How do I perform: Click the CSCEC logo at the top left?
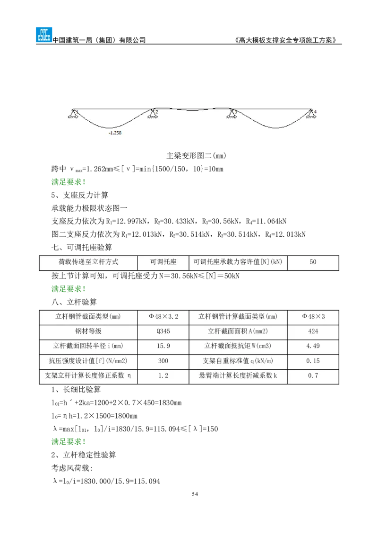43,35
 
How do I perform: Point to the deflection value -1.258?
115,133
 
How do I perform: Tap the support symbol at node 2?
153,114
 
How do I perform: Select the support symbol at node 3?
232,114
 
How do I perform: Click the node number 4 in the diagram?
315,112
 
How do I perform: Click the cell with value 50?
313,262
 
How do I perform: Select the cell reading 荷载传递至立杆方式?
88,262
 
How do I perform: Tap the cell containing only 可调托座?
163,262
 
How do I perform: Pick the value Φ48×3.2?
163,317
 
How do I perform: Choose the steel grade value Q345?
163,331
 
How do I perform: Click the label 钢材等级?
88,331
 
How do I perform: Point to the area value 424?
313,331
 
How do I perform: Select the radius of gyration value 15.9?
163,346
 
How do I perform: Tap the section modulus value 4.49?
313,346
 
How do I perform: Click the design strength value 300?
163,361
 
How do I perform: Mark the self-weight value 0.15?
313,361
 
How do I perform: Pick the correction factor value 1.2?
163,376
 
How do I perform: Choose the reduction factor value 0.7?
313,376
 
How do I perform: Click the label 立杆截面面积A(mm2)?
238,331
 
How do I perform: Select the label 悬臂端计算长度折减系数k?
238,376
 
